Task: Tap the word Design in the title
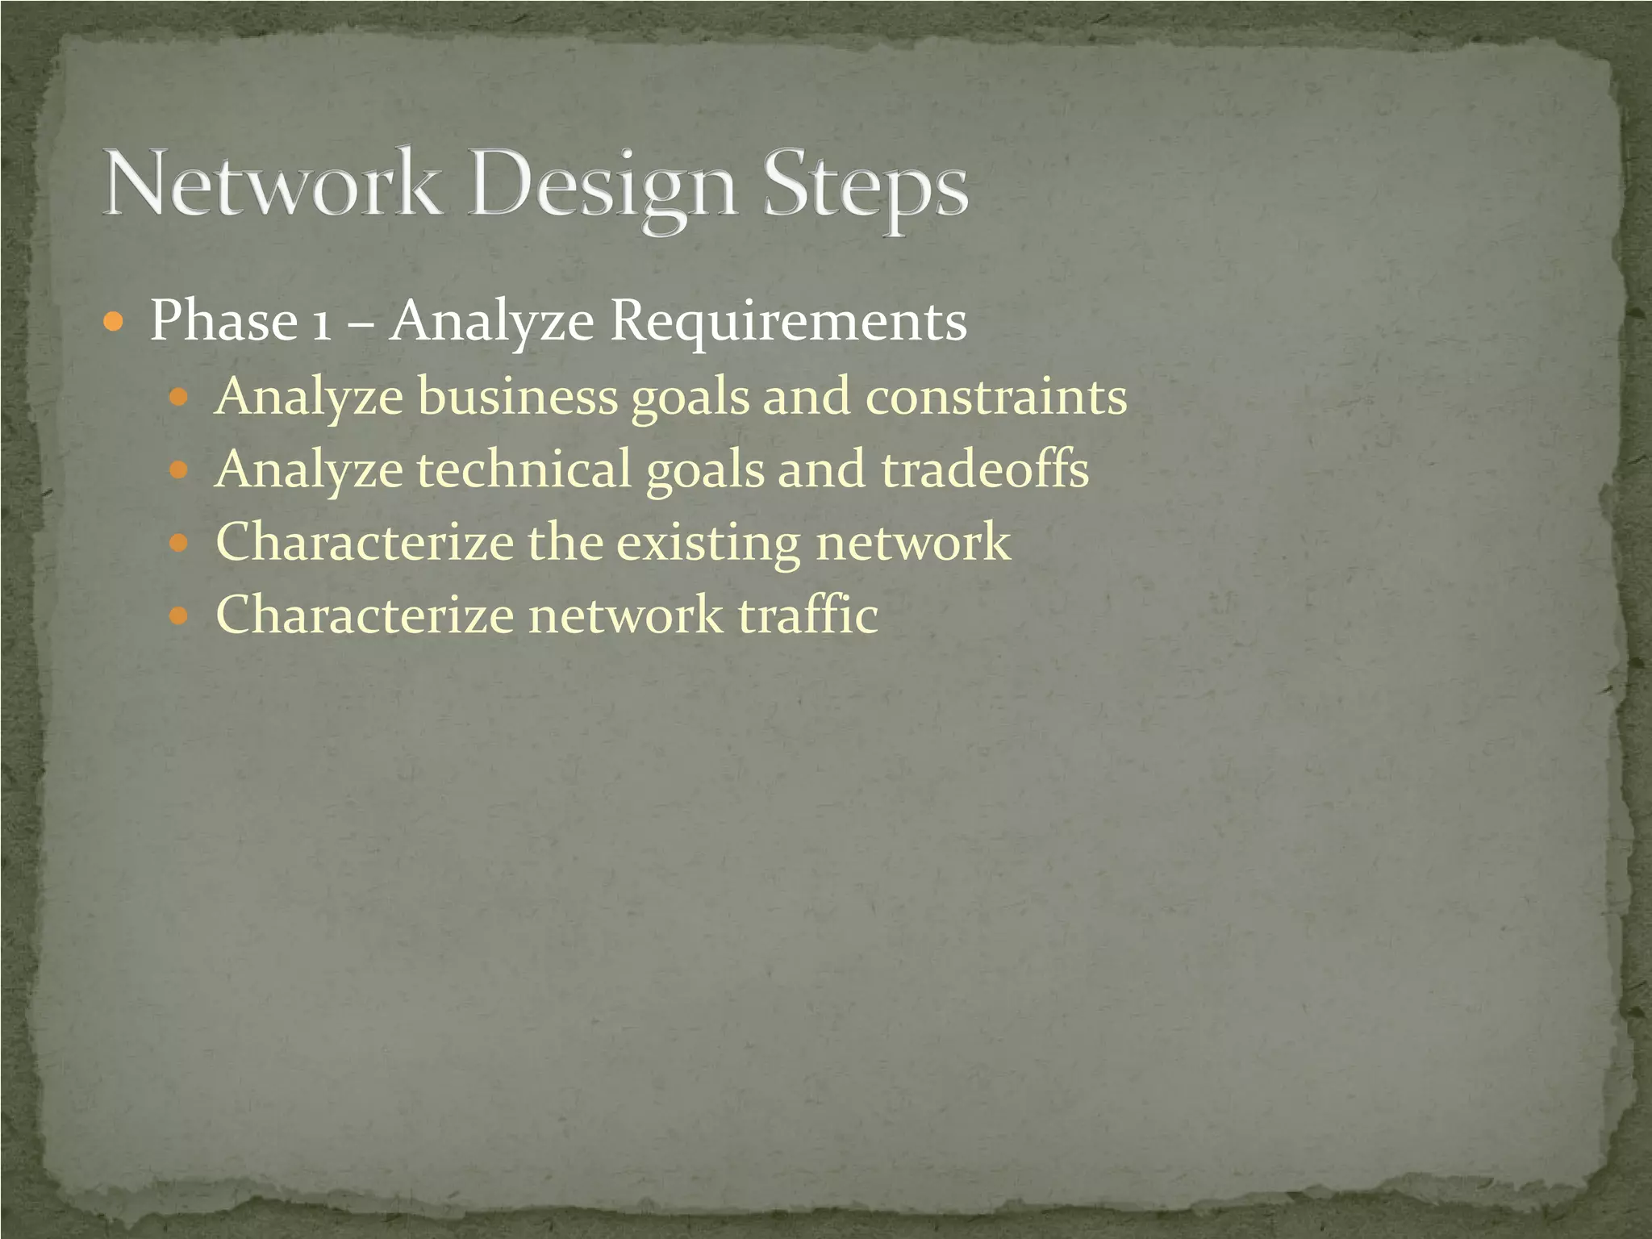pyautogui.click(x=603, y=189)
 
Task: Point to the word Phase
pyautogui.click(x=223, y=321)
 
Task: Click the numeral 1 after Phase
pyautogui.click(x=321, y=323)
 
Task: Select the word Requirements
pyautogui.click(x=788, y=323)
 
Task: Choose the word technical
pyautogui.click(x=524, y=469)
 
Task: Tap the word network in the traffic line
pyautogui.click(x=625, y=615)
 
